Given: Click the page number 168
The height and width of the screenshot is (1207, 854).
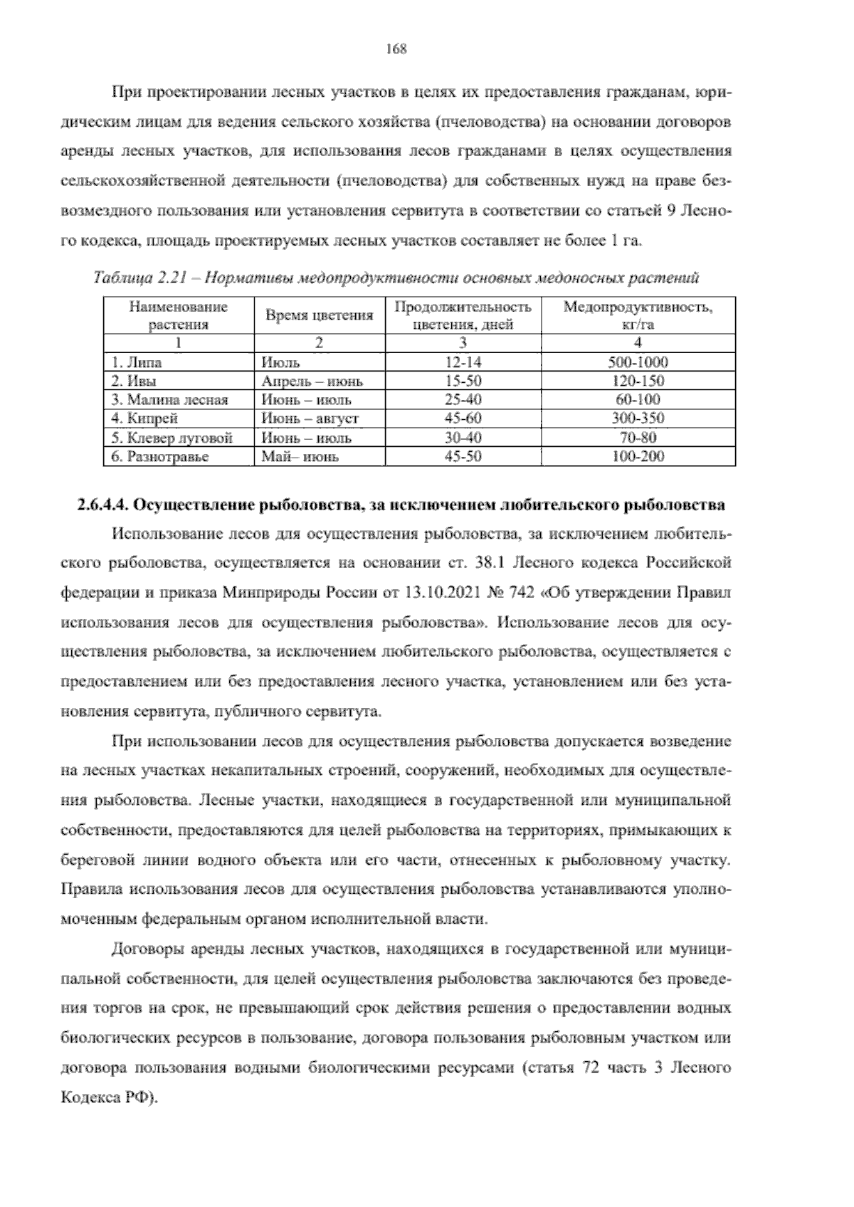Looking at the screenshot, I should tap(396, 49).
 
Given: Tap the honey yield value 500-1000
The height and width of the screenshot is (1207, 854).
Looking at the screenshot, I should tap(638, 362).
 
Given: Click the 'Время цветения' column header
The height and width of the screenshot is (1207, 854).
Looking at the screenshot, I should tap(319, 316).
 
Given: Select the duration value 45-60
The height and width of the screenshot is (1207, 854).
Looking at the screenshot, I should tap(463, 418).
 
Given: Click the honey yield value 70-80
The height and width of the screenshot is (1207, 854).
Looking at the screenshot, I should tap(638, 438).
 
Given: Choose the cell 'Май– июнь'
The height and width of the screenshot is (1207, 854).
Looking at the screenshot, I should tap(300, 457).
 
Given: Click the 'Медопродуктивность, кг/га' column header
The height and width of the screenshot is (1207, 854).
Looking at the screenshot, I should tap(638, 316).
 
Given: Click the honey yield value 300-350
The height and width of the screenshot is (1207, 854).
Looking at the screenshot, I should tap(638, 418).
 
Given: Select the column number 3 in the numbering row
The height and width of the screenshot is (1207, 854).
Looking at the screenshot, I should tap(463, 343).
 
